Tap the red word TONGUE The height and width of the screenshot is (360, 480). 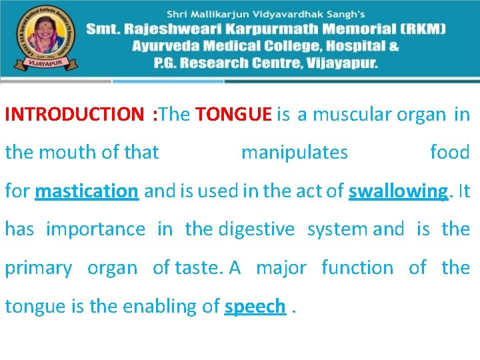point(233,115)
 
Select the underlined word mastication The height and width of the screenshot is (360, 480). point(87,191)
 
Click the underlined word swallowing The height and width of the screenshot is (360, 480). point(398,191)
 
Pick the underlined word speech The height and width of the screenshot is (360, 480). point(255,307)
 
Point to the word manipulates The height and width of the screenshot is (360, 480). point(294,153)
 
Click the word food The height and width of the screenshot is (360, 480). point(450,153)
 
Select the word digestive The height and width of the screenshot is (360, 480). point(257,229)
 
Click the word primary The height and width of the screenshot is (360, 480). point(39,268)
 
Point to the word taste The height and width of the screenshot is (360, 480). point(198,268)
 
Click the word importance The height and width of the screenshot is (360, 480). point(95,229)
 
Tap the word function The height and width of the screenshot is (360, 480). point(357,268)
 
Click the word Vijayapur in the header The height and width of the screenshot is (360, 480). point(340,64)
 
